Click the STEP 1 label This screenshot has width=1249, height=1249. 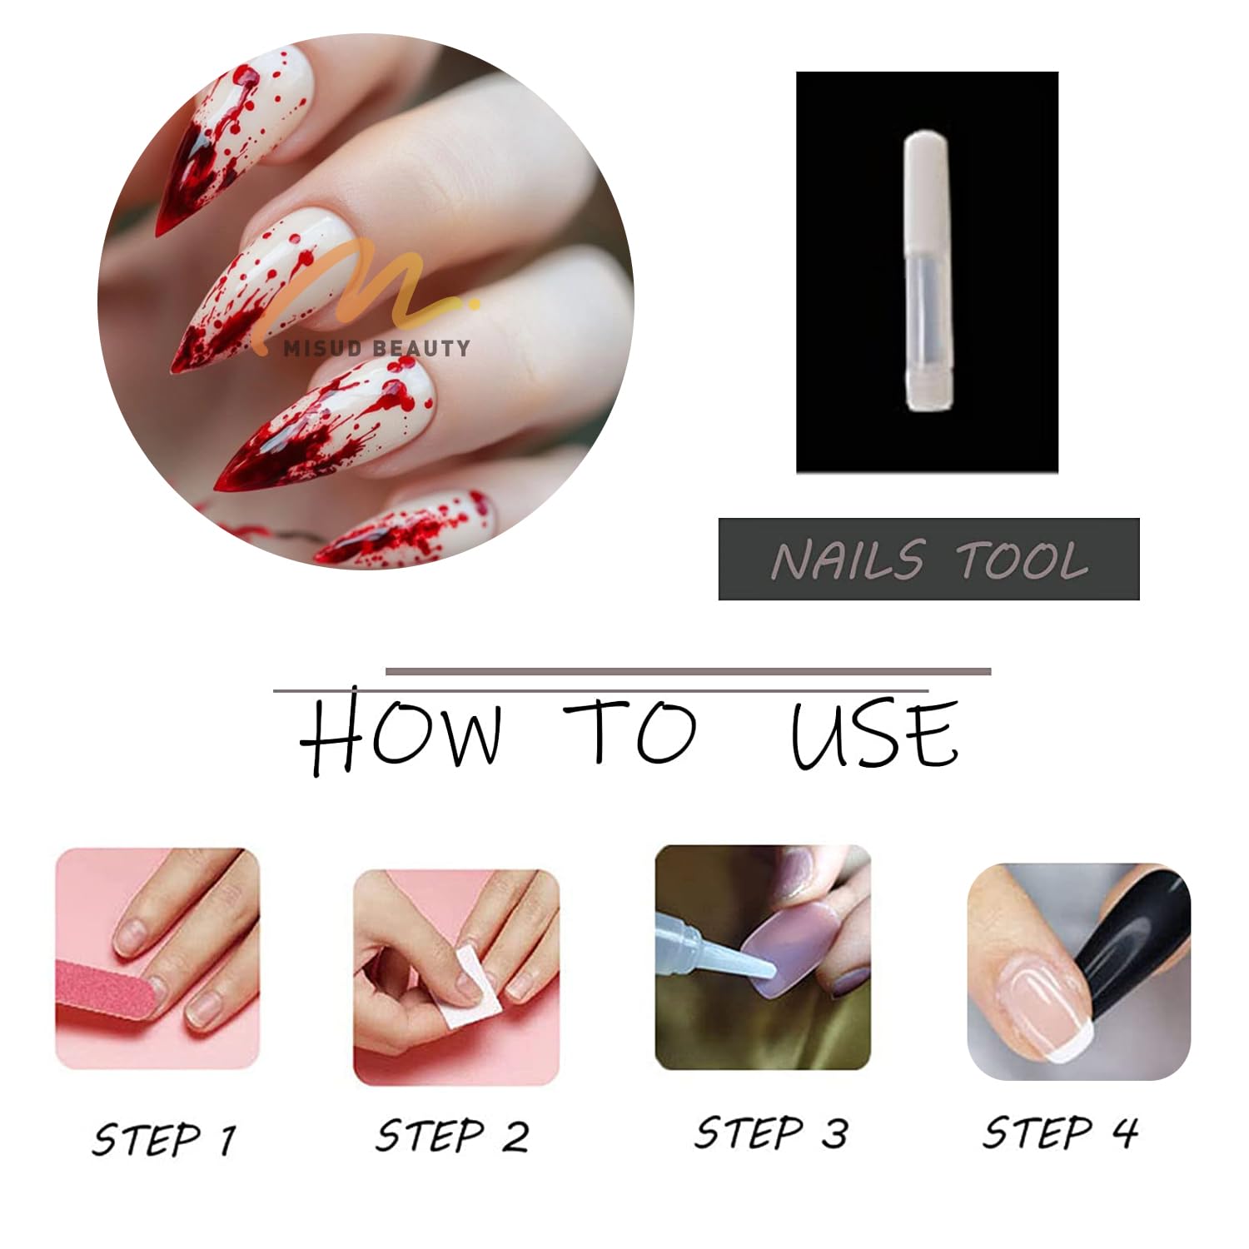tap(163, 1139)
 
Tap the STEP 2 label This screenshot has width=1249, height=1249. tap(452, 1136)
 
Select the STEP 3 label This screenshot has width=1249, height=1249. tap(771, 1132)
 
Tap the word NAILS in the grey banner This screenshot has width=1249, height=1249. tap(848, 560)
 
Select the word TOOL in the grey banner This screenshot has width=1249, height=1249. tap(1022, 560)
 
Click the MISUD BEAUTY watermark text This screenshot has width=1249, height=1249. tap(376, 348)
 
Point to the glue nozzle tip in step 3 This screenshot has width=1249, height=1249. tap(771, 971)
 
